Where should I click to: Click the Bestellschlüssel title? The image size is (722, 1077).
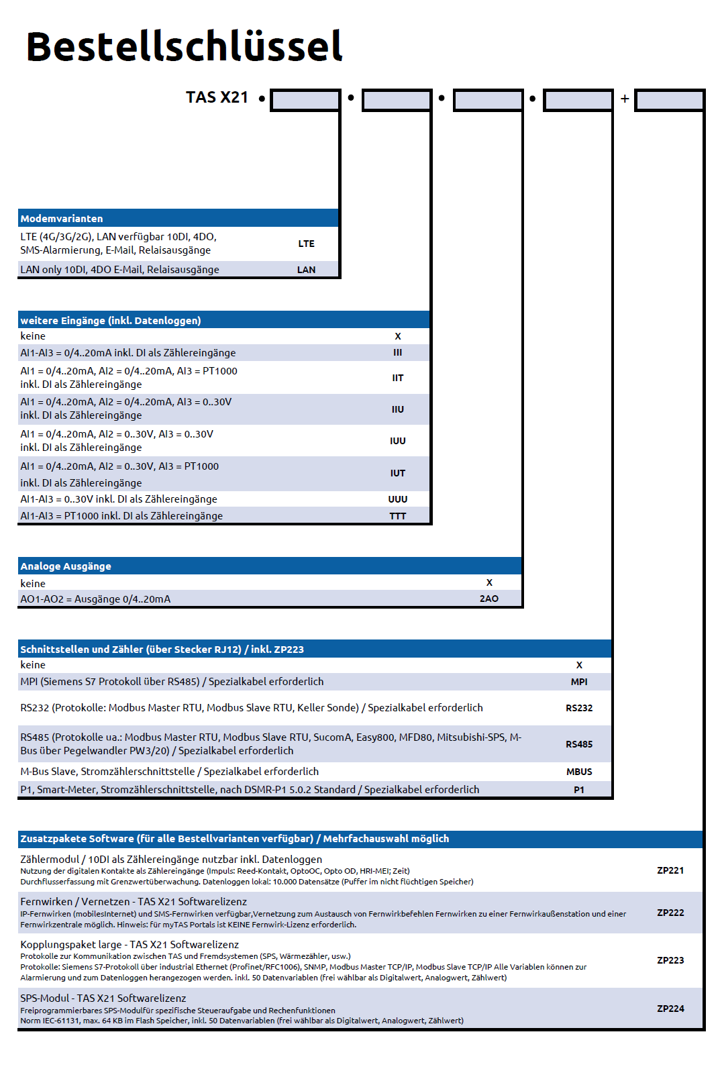click(184, 46)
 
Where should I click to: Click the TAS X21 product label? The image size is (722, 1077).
click(217, 97)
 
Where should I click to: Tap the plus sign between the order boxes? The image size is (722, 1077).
click(625, 99)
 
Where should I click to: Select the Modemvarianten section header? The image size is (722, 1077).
click(62, 219)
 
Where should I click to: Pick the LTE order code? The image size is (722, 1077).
click(306, 244)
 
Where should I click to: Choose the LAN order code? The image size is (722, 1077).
click(306, 270)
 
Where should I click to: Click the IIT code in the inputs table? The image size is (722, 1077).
click(398, 378)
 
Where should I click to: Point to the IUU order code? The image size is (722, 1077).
click(398, 441)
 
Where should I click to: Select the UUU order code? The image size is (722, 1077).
click(398, 499)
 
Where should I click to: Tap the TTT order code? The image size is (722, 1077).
click(398, 516)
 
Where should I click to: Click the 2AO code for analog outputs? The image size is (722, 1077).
click(489, 599)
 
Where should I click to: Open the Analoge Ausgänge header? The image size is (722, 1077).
click(66, 566)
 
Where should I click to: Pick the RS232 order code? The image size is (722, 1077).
click(579, 708)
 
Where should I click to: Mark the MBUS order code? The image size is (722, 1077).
click(579, 772)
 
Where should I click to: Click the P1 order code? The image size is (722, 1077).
click(579, 790)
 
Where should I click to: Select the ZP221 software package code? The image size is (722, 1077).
click(670, 870)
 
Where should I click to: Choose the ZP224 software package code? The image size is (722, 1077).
click(670, 1009)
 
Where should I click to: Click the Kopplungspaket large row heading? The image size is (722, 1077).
click(130, 945)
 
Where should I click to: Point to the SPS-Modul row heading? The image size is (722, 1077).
click(103, 998)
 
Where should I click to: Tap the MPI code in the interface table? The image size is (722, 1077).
click(579, 682)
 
